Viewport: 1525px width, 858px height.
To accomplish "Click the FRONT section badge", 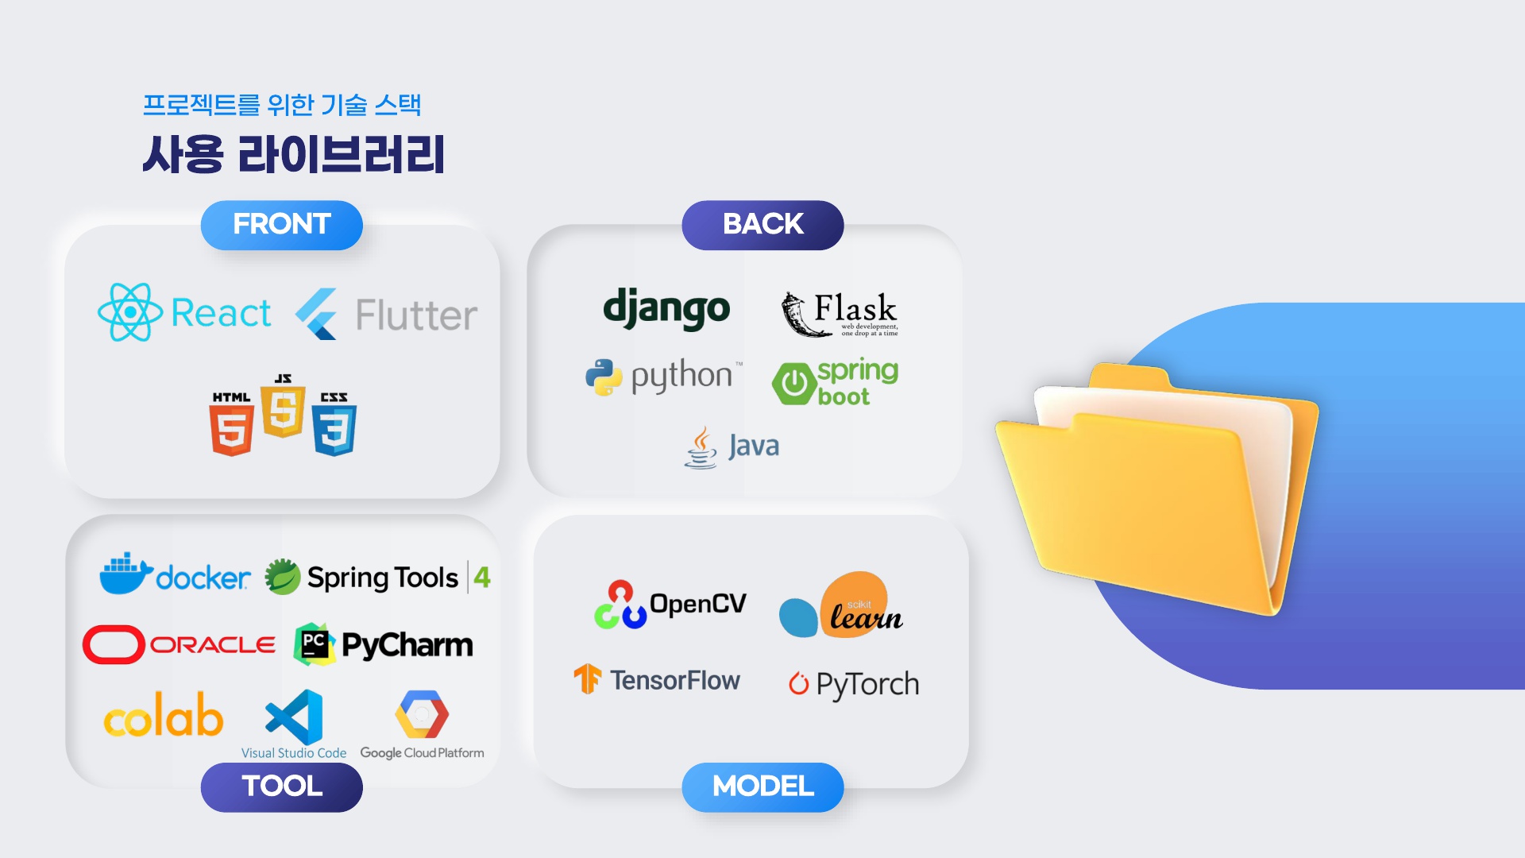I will (282, 225).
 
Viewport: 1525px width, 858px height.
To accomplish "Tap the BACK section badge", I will (762, 225).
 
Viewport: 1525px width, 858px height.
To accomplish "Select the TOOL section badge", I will (282, 786).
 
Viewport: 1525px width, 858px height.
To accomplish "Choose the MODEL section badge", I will (762, 786).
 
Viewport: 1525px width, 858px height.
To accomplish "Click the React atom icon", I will (129, 312).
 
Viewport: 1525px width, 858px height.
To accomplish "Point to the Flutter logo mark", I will (317, 315).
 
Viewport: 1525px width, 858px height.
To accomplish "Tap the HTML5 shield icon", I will (231, 429).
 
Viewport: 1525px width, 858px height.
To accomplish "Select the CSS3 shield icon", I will (334, 429).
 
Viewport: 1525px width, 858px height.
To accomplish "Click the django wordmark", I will (666, 309).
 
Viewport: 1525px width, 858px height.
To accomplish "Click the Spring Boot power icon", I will (793, 384).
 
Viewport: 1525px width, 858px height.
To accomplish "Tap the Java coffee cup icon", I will (701, 447).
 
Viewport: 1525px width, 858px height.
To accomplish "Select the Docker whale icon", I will (125, 574).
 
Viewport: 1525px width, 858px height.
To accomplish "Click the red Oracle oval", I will (114, 644).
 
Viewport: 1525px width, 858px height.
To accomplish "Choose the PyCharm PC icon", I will (315, 643).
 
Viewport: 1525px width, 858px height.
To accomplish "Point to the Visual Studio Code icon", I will (295, 717).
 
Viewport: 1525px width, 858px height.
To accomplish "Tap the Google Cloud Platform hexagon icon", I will (422, 714).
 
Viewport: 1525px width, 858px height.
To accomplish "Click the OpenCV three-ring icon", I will (620, 605).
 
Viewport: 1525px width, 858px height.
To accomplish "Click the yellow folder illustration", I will (1156, 489).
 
